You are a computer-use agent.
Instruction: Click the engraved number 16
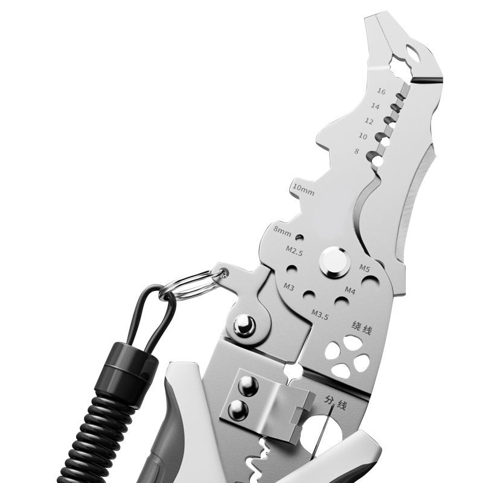(x=382, y=92)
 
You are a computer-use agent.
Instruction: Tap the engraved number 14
(x=375, y=106)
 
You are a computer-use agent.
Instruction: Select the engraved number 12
(x=369, y=121)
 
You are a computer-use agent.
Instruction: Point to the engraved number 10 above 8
(x=363, y=136)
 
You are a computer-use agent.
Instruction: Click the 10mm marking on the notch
(x=304, y=190)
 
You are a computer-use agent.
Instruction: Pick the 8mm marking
(x=283, y=231)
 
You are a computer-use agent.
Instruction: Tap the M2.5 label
(x=295, y=251)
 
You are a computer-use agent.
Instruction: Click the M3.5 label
(x=320, y=315)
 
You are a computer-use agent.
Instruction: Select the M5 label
(x=365, y=268)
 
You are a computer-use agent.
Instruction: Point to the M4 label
(x=350, y=290)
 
